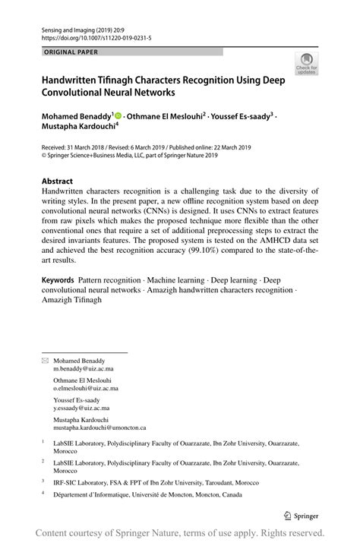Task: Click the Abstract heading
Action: pos(57,181)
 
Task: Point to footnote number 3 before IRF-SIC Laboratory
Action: pos(43,480)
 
